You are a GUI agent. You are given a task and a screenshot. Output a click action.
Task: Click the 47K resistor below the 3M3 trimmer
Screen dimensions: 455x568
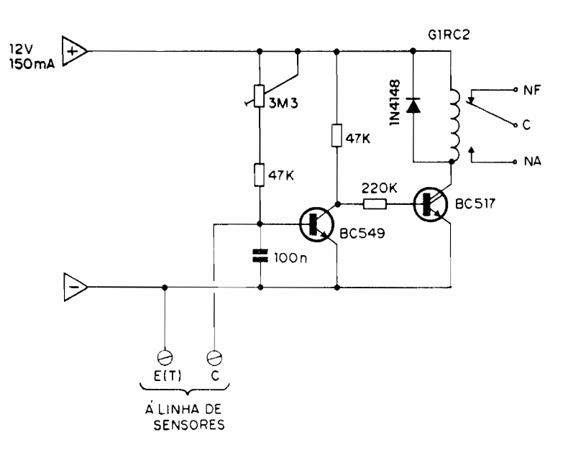point(260,175)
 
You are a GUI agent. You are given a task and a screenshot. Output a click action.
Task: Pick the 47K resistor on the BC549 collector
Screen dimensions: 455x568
point(336,135)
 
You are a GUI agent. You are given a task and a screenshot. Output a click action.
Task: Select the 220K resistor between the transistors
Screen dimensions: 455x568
point(374,205)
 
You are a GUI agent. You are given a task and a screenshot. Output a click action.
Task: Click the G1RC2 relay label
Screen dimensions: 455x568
point(444,34)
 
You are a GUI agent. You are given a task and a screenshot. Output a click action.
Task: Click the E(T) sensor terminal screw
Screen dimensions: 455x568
point(165,356)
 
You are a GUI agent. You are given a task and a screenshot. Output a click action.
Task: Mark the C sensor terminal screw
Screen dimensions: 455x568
point(214,356)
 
